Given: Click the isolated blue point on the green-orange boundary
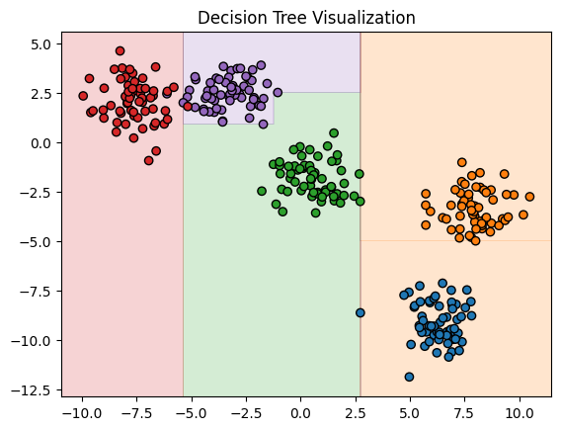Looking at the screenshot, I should point(361,312).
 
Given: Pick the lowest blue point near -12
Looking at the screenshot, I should point(409,377).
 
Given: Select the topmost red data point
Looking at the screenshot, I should point(120,50).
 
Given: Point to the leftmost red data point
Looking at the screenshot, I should point(83,96).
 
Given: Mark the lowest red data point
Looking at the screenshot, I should point(149,160).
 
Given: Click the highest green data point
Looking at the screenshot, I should point(334,132).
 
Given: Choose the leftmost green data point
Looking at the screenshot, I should point(262,191).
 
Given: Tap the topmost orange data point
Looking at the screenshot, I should point(461,162).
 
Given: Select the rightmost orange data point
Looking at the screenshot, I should point(529,197).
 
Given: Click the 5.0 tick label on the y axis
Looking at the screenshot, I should point(40,44).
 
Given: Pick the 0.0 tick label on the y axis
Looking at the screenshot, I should point(40,143).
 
